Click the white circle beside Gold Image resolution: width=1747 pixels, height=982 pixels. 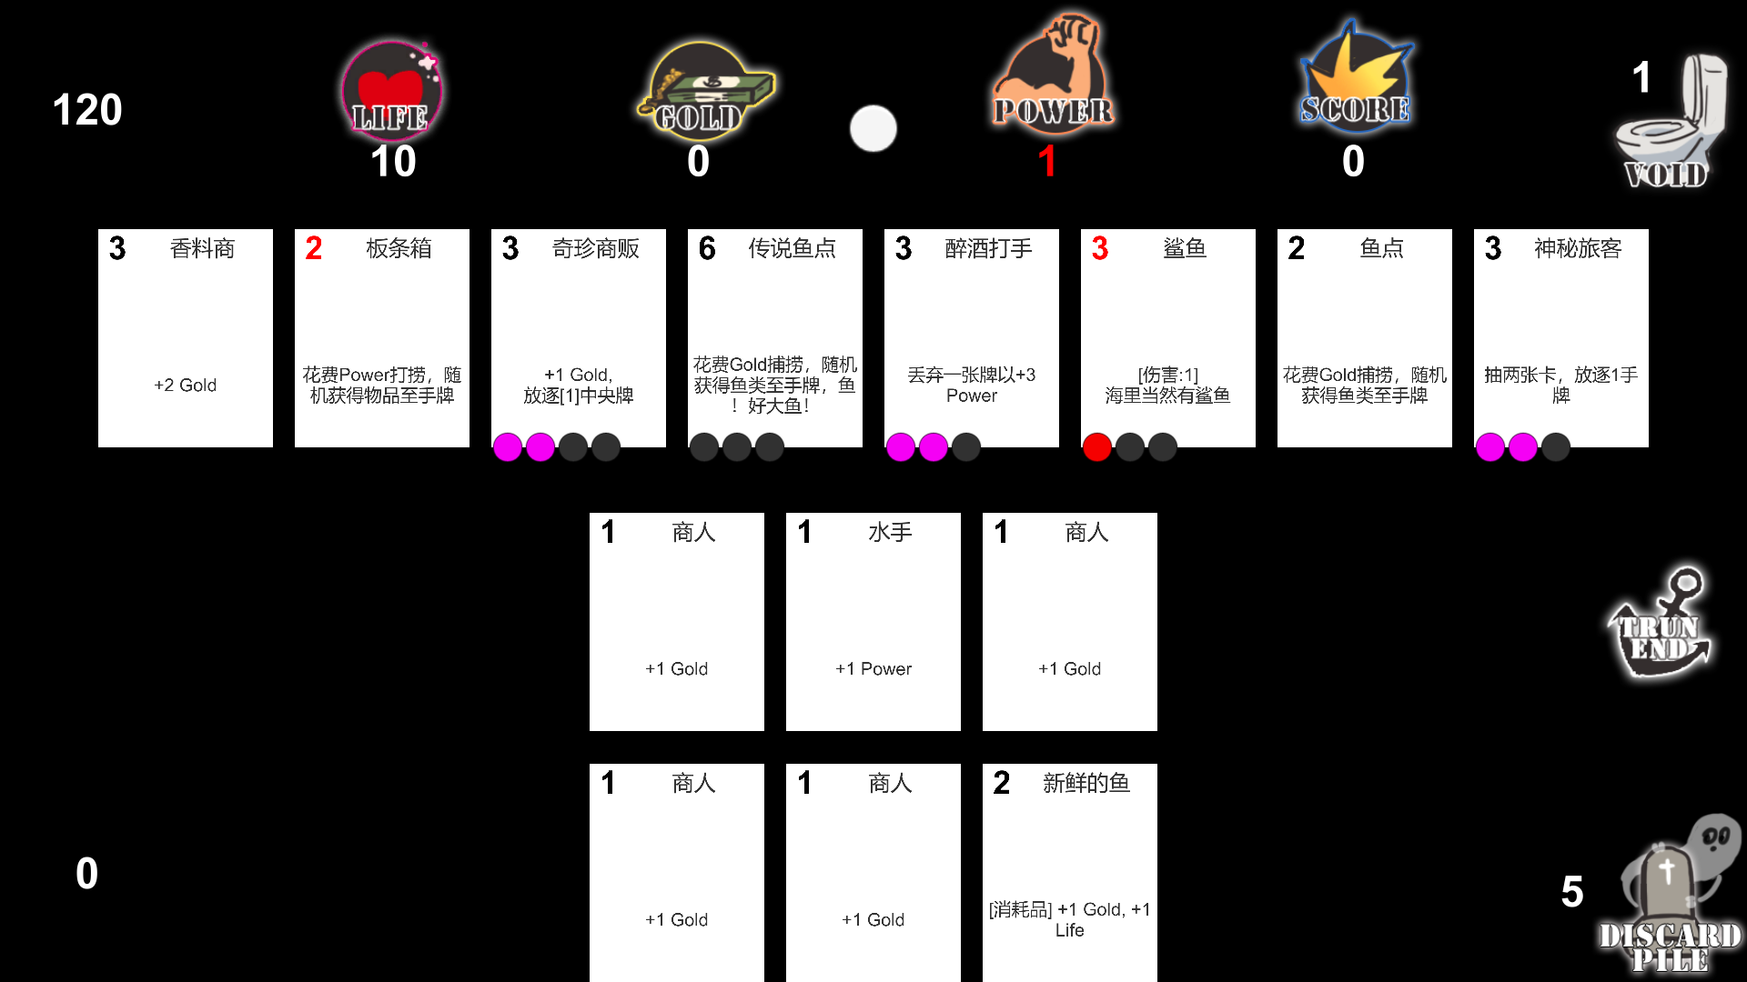pos(873,128)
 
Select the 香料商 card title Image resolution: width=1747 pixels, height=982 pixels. pos(202,248)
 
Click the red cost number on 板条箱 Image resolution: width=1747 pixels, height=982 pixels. pos(314,248)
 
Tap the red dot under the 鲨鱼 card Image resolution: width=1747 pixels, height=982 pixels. pos(1097,447)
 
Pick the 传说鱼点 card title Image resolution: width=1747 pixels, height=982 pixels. pos(792,248)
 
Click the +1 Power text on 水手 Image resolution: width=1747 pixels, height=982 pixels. pos(873,669)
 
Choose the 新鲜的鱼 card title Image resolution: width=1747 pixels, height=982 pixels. pos(1086,783)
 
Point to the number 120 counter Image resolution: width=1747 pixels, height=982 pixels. pos(87,110)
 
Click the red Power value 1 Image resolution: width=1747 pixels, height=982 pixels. pos(1047,162)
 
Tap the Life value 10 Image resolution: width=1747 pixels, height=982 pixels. pos(393,162)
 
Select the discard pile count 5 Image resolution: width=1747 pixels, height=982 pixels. pos(1572,892)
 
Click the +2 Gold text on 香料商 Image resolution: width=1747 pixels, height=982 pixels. pos(186,386)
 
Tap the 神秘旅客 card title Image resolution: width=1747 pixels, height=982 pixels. pos(1578,248)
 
